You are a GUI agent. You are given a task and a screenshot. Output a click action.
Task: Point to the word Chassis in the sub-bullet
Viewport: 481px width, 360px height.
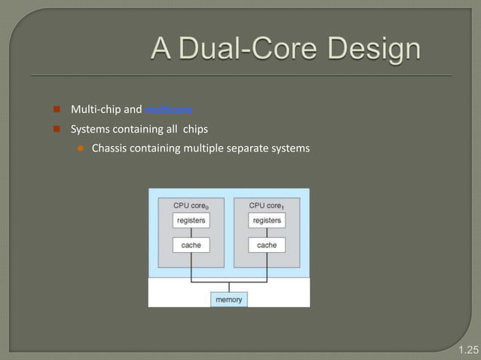110,148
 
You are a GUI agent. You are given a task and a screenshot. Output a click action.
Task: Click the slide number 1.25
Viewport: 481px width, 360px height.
468,349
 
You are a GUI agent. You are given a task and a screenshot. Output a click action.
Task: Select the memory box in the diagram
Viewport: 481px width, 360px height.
228,299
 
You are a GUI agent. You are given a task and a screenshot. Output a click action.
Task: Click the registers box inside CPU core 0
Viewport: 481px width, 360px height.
191,221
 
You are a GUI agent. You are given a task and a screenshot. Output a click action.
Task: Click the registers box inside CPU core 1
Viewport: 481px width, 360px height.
267,221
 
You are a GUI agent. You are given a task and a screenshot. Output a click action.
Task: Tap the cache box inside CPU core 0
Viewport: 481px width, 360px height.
191,245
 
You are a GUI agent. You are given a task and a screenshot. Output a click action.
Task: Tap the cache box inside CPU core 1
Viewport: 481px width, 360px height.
267,245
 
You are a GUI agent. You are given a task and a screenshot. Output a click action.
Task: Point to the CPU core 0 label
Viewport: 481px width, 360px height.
191,205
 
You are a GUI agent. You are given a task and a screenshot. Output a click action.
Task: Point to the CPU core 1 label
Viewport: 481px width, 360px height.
267,205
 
